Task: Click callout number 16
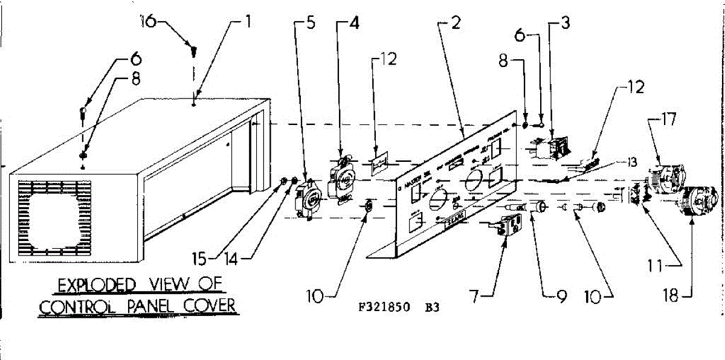147,22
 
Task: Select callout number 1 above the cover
247,24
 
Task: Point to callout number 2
456,24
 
